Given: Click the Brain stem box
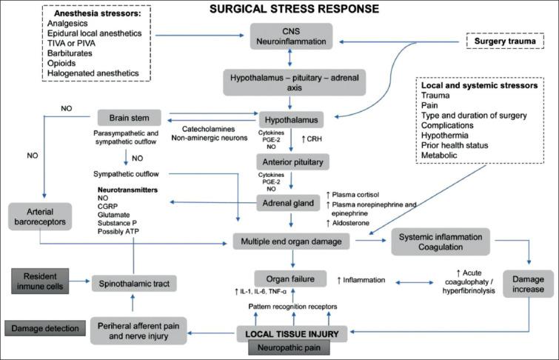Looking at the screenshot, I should pyautogui.click(x=129, y=118).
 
